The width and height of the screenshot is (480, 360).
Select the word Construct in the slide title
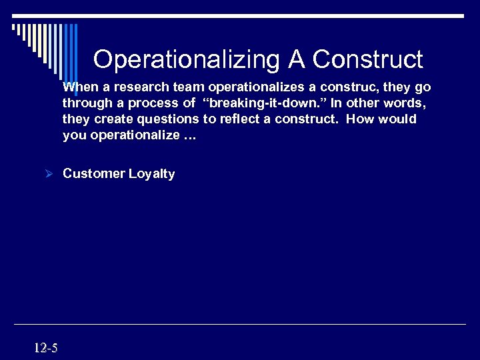point(367,60)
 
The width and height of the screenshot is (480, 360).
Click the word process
point(154,103)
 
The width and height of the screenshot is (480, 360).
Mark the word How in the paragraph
point(359,119)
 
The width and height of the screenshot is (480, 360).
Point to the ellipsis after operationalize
point(189,135)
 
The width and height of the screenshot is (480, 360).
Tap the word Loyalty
point(152,174)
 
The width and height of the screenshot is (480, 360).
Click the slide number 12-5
point(45,347)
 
